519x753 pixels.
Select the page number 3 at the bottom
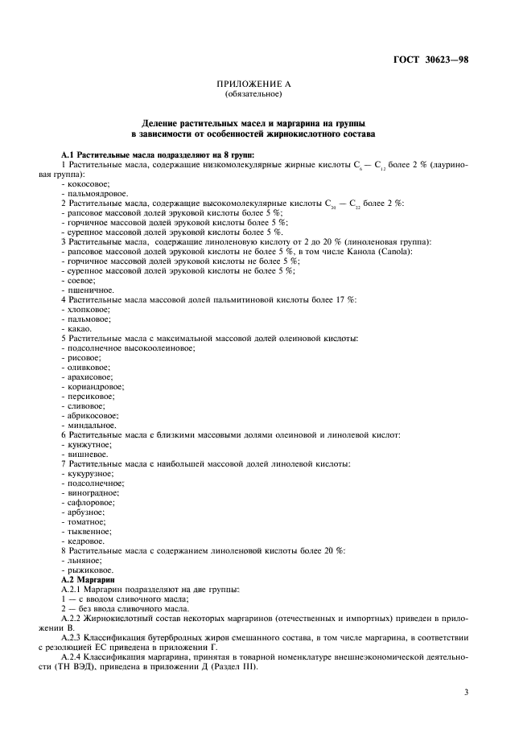click(x=466, y=691)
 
